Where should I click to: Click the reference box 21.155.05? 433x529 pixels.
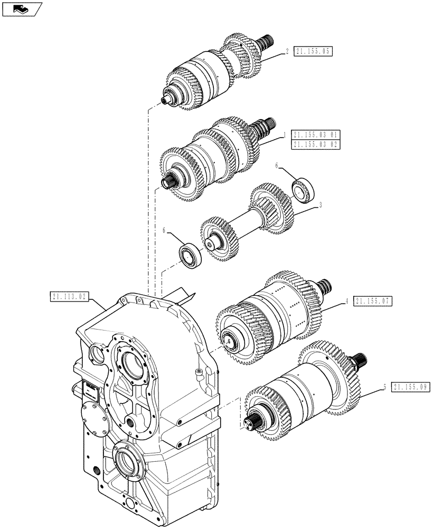coord(314,51)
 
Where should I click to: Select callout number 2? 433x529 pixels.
coord(287,51)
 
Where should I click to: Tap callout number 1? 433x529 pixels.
coord(284,134)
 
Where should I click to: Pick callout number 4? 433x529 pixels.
coord(346,300)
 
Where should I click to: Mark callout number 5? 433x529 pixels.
coord(385,387)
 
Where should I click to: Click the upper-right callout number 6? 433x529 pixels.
coord(277,166)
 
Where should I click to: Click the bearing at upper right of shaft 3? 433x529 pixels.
coord(303,190)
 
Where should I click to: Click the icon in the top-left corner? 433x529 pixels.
coord(21,8)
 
